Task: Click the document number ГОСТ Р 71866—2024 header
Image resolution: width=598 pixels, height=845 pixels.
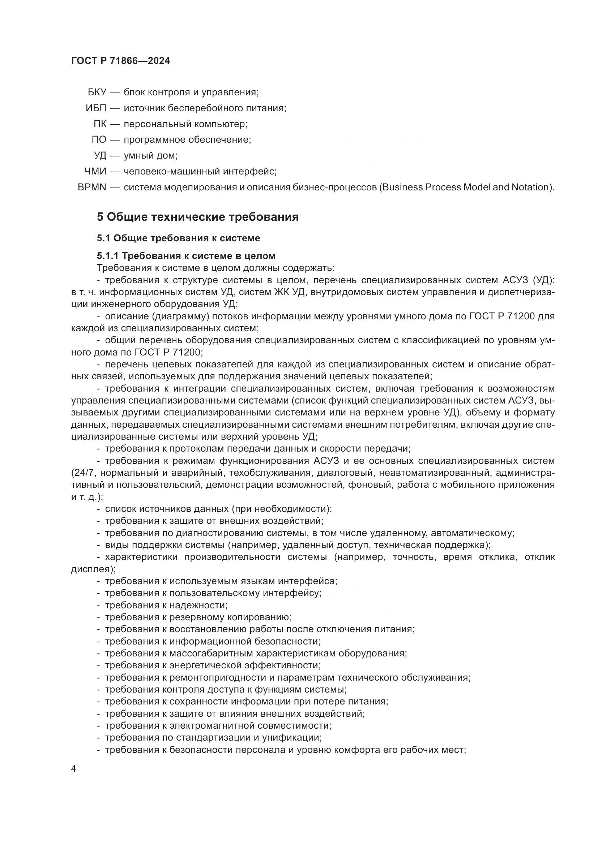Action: (x=120, y=61)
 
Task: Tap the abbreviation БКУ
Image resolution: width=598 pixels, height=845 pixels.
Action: (x=97, y=92)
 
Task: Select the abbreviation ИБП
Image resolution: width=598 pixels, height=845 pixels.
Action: (x=96, y=108)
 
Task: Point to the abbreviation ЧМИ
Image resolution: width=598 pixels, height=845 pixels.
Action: (x=95, y=172)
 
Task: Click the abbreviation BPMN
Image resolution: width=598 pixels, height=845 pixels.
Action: (x=92, y=187)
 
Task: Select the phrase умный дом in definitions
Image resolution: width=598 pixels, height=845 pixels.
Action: (x=150, y=156)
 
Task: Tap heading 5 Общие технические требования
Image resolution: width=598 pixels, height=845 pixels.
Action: (x=198, y=217)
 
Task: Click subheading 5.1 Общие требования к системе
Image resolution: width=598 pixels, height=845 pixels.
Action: (x=179, y=238)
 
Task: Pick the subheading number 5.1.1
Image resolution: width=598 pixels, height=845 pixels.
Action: (x=107, y=255)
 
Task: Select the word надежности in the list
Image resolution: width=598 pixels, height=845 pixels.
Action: (x=198, y=605)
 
